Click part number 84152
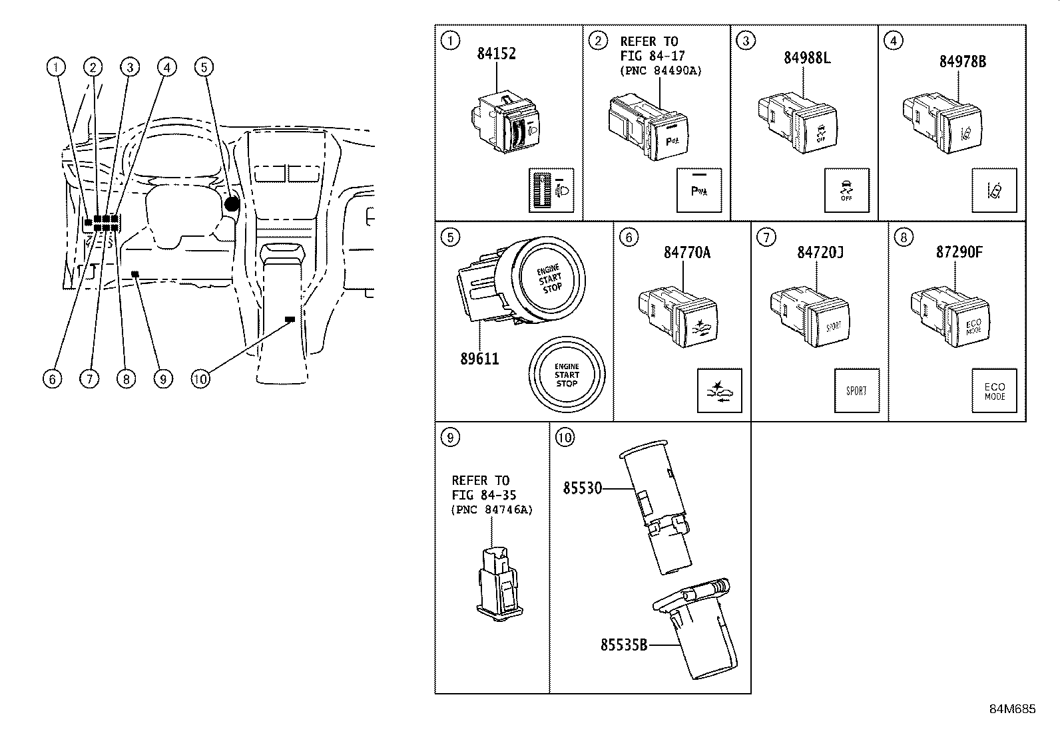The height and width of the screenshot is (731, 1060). [x=496, y=54]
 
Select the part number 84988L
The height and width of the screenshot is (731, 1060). [x=807, y=58]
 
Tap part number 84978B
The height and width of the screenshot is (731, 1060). [x=962, y=61]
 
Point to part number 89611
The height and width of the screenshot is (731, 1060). [x=479, y=359]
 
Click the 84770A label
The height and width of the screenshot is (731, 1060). [x=687, y=253]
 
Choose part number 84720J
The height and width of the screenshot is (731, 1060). [x=820, y=253]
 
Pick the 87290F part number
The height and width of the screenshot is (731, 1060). [x=960, y=252]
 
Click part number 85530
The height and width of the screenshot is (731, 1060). [x=583, y=488]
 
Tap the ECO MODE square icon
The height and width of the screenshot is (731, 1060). [x=994, y=390]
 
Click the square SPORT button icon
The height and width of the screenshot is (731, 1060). [x=856, y=390]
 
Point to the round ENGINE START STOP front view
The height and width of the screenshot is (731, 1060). [x=567, y=374]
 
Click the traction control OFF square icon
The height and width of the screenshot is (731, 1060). [x=846, y=190]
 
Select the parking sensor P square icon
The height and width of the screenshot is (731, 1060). [x=698, y=190]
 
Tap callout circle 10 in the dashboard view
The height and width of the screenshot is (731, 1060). [x=200, y=378]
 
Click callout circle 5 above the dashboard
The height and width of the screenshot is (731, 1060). [x=204, y=67]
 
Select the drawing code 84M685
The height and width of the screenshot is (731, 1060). [x=1012, y=709]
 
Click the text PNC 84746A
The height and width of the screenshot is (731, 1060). [x=492, y=510]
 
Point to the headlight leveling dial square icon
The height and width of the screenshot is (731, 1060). [x=551, y=190]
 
